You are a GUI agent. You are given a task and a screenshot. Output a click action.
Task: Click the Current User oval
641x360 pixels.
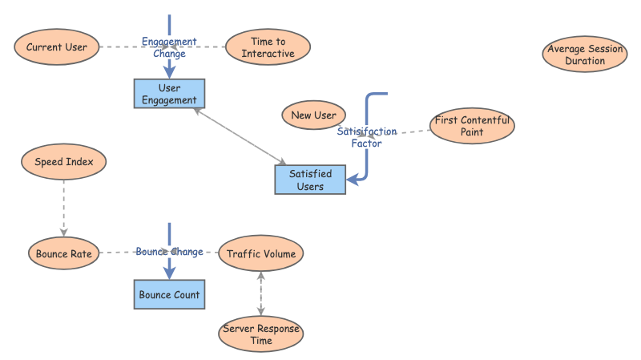coord(56,47)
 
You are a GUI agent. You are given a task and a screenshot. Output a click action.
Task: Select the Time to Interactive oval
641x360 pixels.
coord(268,47)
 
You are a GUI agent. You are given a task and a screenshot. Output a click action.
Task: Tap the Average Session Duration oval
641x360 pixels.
coord(585,55)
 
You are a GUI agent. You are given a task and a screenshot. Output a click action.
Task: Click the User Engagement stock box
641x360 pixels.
coord(169,94)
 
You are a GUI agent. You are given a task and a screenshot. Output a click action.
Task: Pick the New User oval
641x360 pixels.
coord(313,115)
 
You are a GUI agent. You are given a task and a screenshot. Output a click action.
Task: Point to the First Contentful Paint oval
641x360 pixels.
coord(472,126)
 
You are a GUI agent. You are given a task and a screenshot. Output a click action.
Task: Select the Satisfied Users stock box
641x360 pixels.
coord(310,180)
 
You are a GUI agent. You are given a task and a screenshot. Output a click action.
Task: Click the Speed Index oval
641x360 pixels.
coord(64,162)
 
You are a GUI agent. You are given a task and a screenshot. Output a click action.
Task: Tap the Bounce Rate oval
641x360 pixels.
coord(64,254)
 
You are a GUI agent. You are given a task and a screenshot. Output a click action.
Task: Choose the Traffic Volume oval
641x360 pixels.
coord(260,254)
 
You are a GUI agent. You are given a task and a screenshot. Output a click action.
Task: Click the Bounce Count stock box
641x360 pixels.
coord(169,295)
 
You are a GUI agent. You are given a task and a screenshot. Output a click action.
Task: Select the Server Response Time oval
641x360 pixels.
coord(260,334)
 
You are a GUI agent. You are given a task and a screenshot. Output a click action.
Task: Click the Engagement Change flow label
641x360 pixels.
coord(169,48)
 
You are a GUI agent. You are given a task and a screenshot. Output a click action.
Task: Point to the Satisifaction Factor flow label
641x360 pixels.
coord(366,137)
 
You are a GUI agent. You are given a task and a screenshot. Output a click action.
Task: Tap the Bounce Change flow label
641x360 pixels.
coord(169,252)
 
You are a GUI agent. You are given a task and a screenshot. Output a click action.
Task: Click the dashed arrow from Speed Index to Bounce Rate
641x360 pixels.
coord(64,208)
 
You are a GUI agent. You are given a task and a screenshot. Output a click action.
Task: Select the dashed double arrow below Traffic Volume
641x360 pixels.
coord(260,294)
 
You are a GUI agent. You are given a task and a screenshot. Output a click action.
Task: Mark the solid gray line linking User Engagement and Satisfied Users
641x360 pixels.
coord(240,137)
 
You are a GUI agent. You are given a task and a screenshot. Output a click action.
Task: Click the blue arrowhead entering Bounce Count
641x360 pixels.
coord(169,273)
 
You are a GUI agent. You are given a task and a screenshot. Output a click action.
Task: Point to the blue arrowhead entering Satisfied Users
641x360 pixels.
coord(353,180)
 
